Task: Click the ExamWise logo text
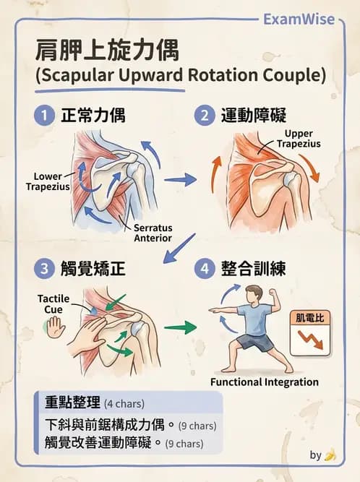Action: click(299, 19)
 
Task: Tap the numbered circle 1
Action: click(44, 116)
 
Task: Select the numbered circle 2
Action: click(205, 116)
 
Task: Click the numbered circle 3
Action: click(44, 268)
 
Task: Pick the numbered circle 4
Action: click(205, 268)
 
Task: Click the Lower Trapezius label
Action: click(48, 181)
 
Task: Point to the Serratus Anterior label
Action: click(153, 233)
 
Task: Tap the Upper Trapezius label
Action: click(299, 139)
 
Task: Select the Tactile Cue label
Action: click(53, 304)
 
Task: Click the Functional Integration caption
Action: click(265, 382)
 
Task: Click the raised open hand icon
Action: click(56, 327)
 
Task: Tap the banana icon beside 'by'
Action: click(330, 455)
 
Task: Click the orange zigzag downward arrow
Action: click(311, 340)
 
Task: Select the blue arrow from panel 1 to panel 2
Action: click(181, 179)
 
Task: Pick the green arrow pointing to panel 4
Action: click(180, 327)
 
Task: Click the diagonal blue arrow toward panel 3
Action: click(179, 248)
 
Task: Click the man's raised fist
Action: click(273, 291)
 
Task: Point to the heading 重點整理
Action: click(72, 403)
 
